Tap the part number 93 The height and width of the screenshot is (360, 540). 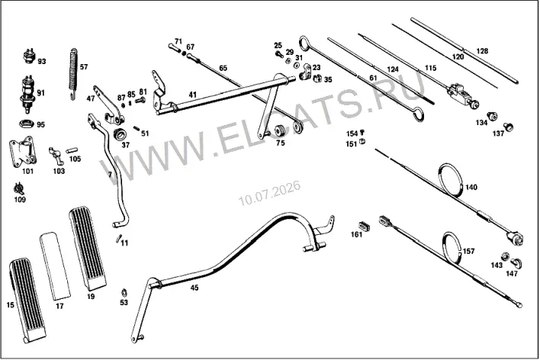pyautogui.click(x=42, y=62)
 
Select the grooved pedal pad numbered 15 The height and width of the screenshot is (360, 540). pyautogui.click(x=27, y=301)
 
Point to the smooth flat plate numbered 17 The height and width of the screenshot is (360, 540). pyautogui.click(x=55, y=265)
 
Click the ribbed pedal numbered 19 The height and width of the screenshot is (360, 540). pyautogui.click(x=88, y=248)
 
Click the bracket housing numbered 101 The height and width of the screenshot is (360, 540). pyautogui.click(x=23, y=152)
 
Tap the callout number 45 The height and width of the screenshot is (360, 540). pyautogui.click(x=194, y=288)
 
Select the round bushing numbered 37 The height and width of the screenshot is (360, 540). pyautogui.click(x=120, y=134)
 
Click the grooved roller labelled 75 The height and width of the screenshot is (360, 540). pyautogui.click(x=281, y=130)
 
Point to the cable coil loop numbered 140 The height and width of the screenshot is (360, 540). pyautogui.click(x=452, y=180)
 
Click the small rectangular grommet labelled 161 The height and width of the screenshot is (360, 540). pyautogui.click(x=365, y=226)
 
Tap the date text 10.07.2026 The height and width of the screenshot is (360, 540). pyautogui.click(x=270, y=193)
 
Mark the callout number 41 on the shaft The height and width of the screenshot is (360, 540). pyautogui.click(x=192, y=95)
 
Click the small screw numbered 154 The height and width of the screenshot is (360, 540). pyautogui.click(x=362, y=132)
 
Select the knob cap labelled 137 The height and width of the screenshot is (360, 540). pyautogui.click(x=508, y=127)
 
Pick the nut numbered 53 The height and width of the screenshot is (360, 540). pyautogui.click(x=124, y=293)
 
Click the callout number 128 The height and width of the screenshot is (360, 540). pyautogui.click(x=482, y=51)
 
